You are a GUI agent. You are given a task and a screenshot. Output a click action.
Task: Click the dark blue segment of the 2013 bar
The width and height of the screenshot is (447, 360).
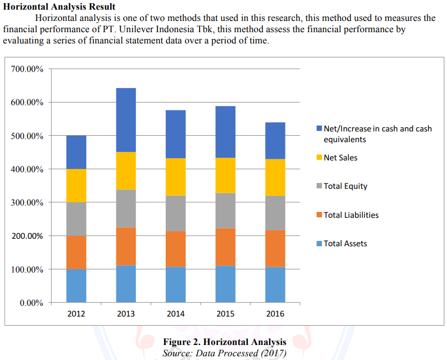click(x=126, y=120)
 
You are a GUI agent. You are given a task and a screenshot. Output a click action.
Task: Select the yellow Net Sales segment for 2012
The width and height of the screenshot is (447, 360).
click(x=76, y=186)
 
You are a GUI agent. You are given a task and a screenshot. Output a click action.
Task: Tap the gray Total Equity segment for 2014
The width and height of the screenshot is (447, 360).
click(x=175, y=213)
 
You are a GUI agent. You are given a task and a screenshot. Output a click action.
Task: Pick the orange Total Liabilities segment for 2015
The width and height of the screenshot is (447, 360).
click(x=225, y=247)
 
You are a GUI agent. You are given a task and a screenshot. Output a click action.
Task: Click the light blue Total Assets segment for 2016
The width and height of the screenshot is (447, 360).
click(x=275, y=284)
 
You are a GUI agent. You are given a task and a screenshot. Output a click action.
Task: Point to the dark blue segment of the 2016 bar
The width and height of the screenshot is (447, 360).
click(x=275, y=141)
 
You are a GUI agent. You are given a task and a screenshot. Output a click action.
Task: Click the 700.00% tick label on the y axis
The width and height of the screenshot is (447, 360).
click(x=27, y=69)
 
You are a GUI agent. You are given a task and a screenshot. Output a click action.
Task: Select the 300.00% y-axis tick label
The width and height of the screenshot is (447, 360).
click(x=27, y=203)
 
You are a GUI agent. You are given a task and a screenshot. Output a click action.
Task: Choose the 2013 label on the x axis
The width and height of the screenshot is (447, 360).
click(x=126, y=314)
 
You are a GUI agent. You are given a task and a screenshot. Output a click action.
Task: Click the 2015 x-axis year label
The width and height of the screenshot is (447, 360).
click(x=225, y=314)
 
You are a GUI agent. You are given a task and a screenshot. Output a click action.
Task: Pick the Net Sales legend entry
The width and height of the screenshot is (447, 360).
click(x=340, y=158)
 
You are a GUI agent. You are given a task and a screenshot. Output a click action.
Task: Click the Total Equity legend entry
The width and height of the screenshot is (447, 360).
click(x=345, y=186)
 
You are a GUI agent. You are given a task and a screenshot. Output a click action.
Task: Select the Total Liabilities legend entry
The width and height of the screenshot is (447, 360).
click(x=351, y=215)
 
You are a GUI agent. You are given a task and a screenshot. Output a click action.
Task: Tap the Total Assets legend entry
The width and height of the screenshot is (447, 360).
click(x=345, y=244)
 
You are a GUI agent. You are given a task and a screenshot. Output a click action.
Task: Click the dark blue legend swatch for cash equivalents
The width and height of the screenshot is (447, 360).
click(x=319, y=129)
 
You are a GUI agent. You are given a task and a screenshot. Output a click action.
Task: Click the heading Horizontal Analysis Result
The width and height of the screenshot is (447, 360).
click(x=59, y=7)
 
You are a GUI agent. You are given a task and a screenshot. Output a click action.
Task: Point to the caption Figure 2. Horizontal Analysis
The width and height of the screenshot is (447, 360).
click(x=224, y=342)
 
